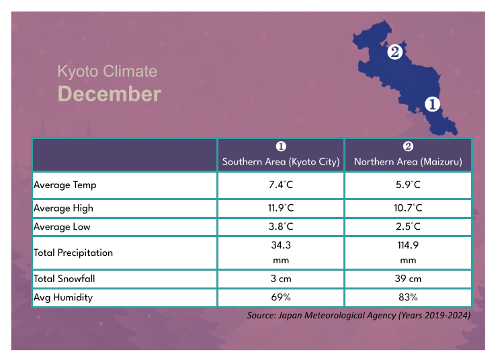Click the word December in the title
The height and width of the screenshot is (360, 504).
(110, 94)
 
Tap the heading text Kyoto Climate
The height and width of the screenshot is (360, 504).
(107, 71)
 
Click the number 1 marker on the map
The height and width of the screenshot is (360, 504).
(431, 104)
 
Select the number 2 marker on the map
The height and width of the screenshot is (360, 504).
(394, 51)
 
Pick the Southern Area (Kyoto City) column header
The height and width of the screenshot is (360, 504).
(281, 162)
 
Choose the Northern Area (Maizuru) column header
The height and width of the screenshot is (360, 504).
(408, 162)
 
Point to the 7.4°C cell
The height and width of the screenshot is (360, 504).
(281, 185)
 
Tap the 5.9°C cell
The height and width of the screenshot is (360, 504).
(408, 185)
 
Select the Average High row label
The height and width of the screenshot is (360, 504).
(64, 208)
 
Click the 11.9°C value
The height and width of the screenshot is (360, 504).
(281, 208)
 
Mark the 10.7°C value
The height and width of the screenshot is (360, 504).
(408, 208)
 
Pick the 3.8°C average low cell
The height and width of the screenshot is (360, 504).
(281, 227)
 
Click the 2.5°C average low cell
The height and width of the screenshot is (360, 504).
(408, 227)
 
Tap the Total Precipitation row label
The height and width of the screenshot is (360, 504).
(73, 253)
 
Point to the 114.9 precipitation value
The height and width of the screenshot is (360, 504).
(408, 246)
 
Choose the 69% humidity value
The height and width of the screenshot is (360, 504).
(281, 297)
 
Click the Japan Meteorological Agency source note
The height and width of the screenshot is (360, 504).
(358, 314)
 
